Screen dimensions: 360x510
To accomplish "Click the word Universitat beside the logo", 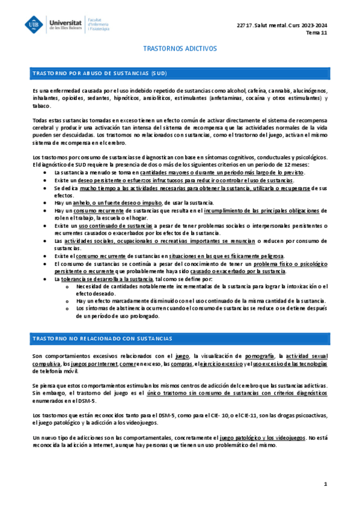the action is click(67, 20).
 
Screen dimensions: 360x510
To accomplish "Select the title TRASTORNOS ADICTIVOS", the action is click(179, 48).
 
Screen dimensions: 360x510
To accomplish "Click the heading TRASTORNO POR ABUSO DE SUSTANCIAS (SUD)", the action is click(100, 73).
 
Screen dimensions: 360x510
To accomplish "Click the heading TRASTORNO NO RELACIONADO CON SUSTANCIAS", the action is click(102, 339).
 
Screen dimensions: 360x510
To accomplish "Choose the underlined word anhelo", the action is click(81, 203).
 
